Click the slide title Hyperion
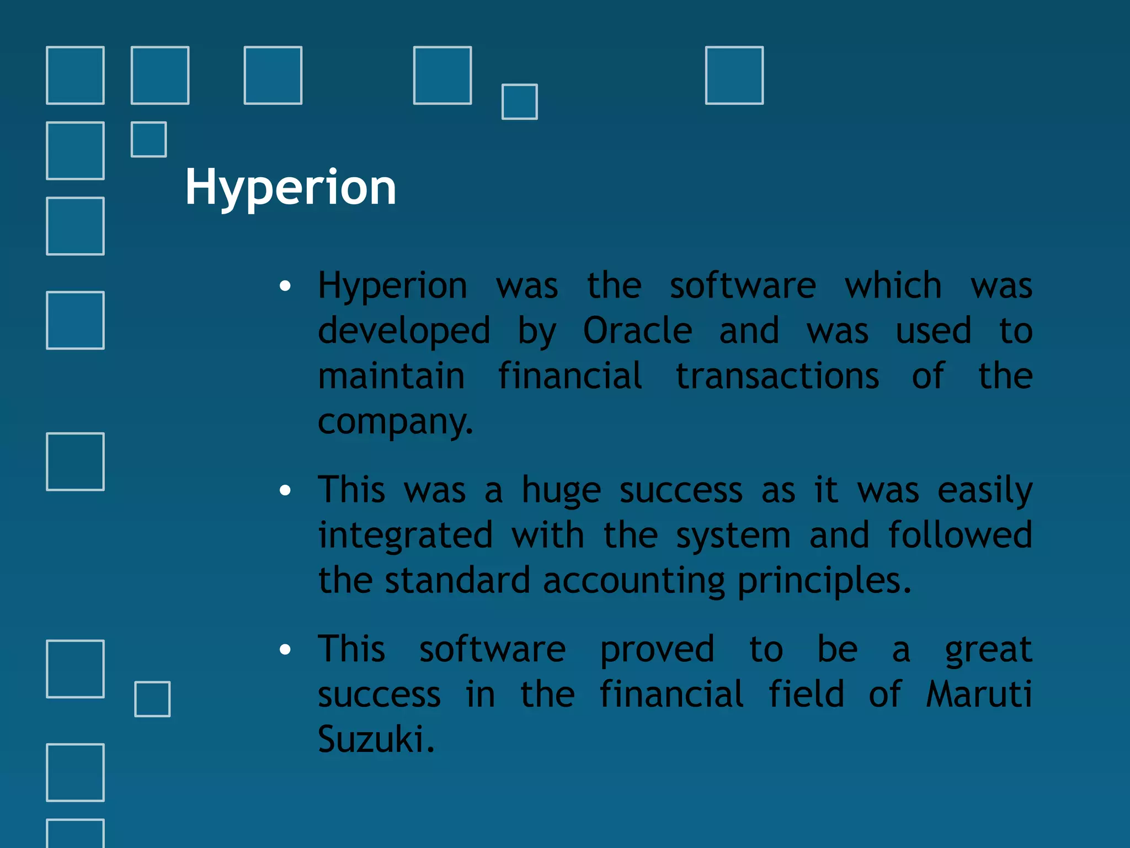click(290, 188)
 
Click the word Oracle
click(637, 331)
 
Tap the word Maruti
click(978, 694)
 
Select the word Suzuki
click(376, 739)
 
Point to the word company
click(395, 422)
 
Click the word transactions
click(777, 377)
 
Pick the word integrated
click(405, 536)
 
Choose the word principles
click(824, 581)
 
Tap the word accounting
click(633, 581)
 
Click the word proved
click(657, 650)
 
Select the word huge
click(561, 491)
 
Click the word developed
click(404, 331)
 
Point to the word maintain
click(391, 377)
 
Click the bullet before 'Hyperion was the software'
click(285, 286)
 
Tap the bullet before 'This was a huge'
click(285, 490)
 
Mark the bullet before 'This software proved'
click(285, 649)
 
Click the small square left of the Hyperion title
click(149, 140)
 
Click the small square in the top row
click(519, 102)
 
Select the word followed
click(960, 536)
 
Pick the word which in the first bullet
click(893, 286)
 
